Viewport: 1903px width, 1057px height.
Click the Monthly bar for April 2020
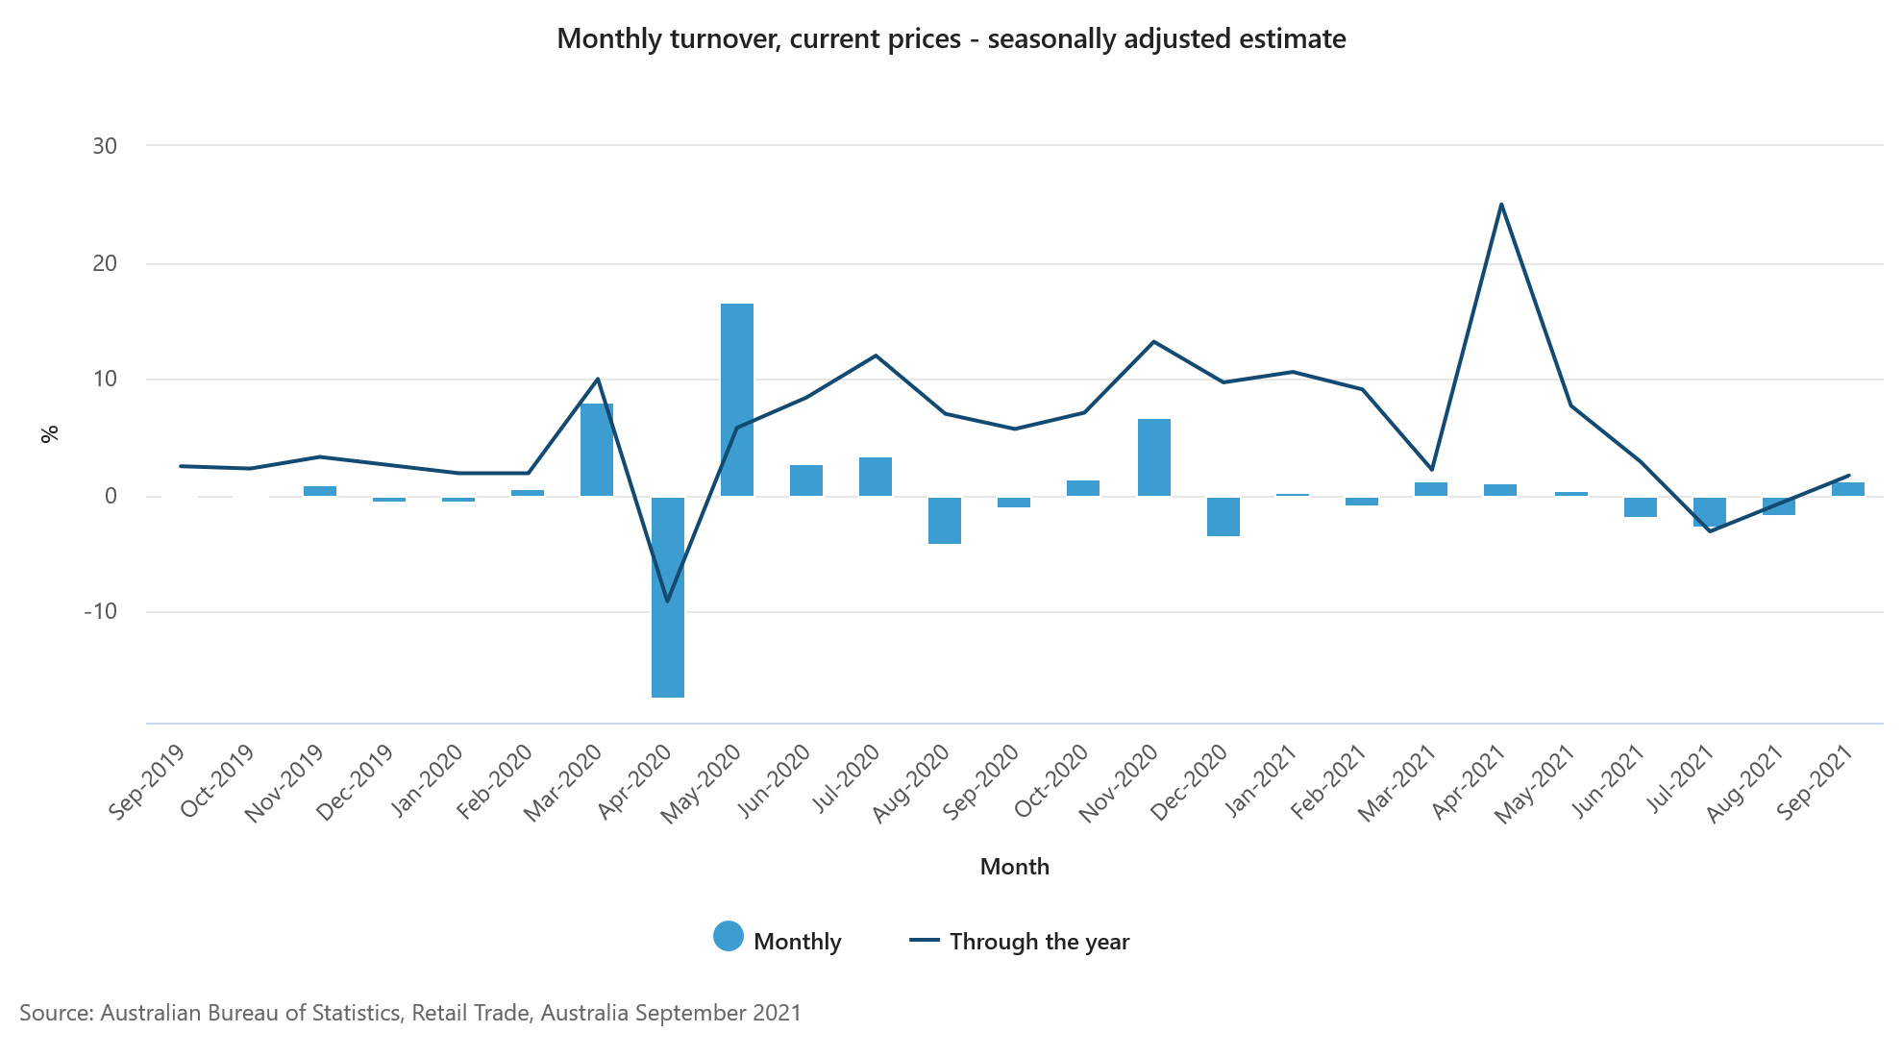667,597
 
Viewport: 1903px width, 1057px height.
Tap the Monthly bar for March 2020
597,450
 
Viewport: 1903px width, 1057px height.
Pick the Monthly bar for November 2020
1153,457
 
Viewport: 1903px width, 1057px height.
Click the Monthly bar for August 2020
945,520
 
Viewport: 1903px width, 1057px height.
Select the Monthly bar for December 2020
1223,516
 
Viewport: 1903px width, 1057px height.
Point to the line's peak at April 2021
1501,204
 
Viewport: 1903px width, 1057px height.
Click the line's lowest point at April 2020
667,602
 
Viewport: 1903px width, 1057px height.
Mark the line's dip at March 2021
1432,470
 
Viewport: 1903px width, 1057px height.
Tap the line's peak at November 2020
1153,341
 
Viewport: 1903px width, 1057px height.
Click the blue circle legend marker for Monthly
729,936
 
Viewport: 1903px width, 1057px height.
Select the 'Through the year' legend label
1039,942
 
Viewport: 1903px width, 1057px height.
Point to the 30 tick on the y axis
105,146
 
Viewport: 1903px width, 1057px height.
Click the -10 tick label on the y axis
101,611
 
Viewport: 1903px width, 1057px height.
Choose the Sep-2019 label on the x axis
146,782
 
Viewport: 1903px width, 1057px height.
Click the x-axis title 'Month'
1014,867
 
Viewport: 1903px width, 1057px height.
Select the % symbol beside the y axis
50,433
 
